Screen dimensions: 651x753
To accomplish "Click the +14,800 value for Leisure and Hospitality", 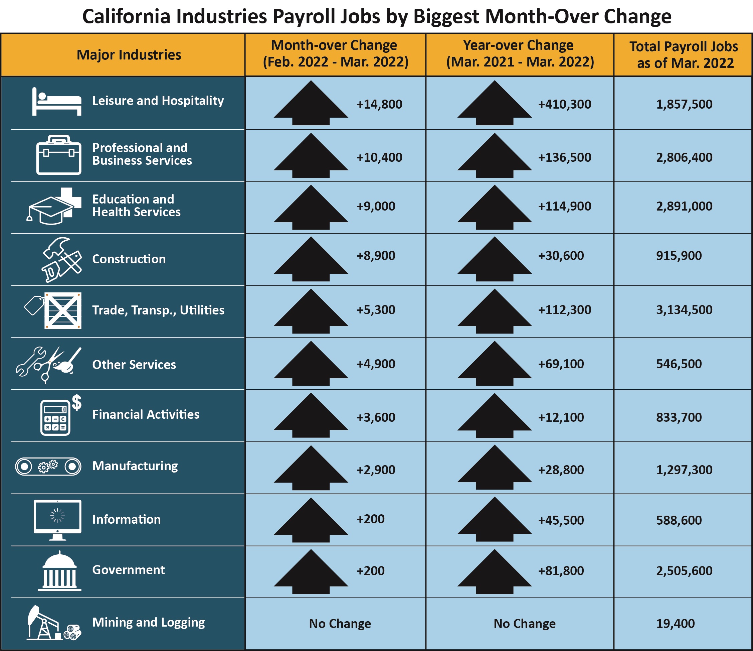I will (x=379, y=104).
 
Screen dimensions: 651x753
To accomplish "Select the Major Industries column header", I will (x=129, y=55).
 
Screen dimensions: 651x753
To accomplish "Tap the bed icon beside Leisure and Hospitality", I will (x=57, y=102).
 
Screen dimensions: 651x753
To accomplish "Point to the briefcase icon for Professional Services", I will (x=58, y=155).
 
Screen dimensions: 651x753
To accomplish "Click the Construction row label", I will (x=129, y=259).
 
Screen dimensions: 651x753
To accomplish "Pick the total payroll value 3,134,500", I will (x=684, y=310).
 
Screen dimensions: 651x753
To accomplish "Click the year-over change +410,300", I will (x=564, y=104).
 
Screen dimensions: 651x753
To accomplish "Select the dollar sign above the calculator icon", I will (x=77, y=403).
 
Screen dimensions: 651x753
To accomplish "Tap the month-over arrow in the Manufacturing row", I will (x=311, y=468).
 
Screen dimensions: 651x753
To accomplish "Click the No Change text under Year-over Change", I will (x=524, y=624).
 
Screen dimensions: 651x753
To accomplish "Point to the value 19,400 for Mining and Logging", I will (x=675, y=624).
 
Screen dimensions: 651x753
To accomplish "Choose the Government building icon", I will (x=59, y=571).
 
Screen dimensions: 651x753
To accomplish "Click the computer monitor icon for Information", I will (x=57, y=518).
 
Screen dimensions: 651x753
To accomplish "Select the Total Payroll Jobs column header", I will (x=684, y=55).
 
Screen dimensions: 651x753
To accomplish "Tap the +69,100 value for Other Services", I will (x=561, y=364).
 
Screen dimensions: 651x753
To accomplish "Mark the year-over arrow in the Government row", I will (x=494, y=571).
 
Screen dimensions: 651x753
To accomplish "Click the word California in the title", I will (x=126, y=17).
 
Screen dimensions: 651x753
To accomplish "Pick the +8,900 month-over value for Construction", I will (x=375, y=256).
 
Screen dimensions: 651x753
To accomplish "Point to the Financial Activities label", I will (x=146, y=415).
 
